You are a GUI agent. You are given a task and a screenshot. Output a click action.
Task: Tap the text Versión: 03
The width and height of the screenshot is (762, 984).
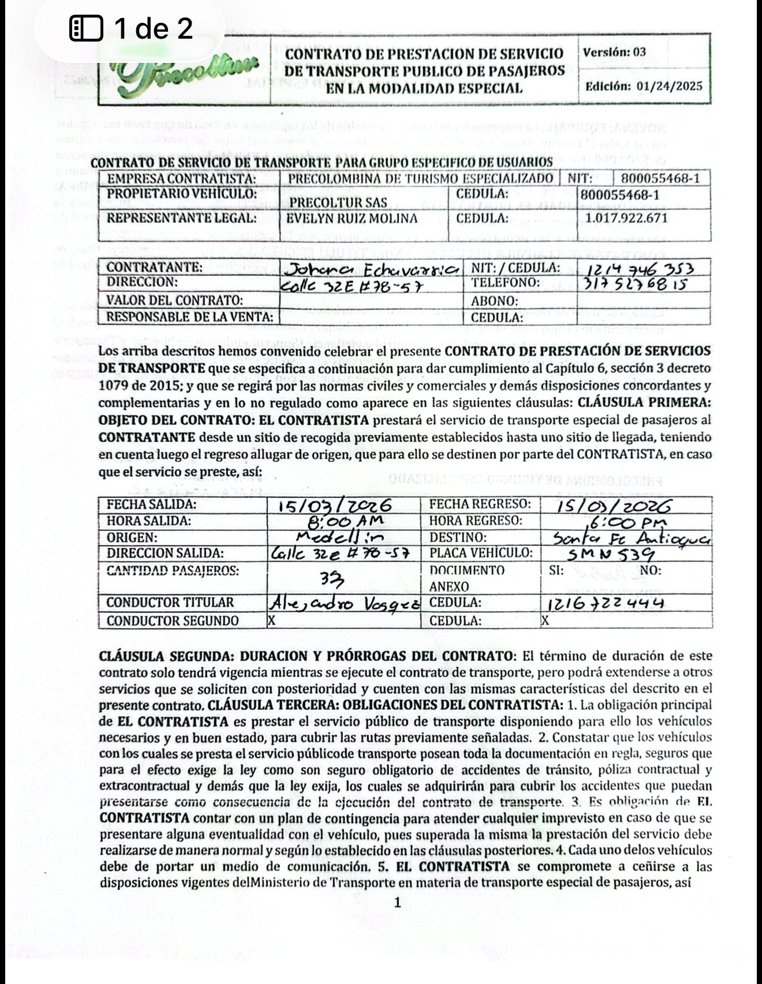click(615, 52)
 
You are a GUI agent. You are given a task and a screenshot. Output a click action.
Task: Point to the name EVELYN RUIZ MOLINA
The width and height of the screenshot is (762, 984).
click(353, 219)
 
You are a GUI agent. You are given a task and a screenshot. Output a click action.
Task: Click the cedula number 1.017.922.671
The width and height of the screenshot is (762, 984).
click(626, 219)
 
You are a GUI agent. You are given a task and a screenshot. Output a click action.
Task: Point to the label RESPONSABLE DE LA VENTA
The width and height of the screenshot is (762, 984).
click(189, 317)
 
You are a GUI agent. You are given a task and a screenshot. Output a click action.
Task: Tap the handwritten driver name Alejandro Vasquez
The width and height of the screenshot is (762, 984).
click(344, 603)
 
